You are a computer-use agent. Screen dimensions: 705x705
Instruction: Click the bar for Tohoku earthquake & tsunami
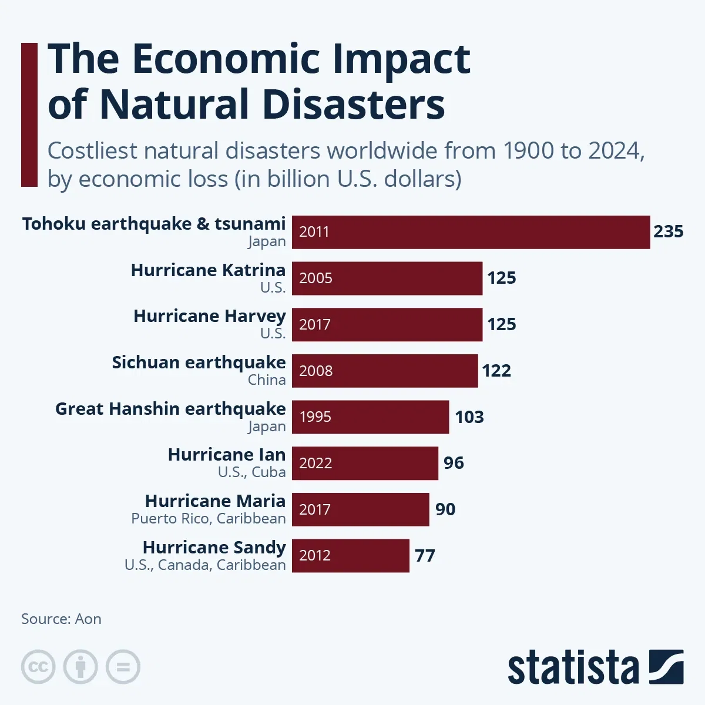pyautogui.click(x=471, y=232)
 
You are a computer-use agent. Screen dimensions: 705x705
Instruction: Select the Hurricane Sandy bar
pyautogui.click(x=350, y=556)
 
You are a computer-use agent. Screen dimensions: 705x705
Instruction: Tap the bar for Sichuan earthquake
pyautogui.click(x=385, y=371)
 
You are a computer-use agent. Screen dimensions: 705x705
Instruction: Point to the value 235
pyautogui.click(x=668, y=231)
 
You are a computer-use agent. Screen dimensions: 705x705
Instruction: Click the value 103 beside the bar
pyautogui.click(x=469, y=417)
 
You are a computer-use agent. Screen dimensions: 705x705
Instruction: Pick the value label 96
pyautogui.click(x=454, y=463)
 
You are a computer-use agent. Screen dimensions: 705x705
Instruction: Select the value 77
pyautogui.click(x=425, y=556)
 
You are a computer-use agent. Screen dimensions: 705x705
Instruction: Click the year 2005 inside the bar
pyautogui.click(x=315, y=278)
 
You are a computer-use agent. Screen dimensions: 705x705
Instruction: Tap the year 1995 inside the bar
pyautogui.click(x=315, y=417)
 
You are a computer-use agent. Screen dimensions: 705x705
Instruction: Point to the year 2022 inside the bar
pyautogui.click(x=315, y=463)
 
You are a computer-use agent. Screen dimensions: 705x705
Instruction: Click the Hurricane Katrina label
pyautogui.click(x=208, y=270)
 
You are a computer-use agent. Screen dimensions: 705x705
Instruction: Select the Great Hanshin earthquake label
pyautogui.click(x=170, y=409)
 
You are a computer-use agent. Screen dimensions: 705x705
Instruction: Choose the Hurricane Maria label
pyautogui.click(x=215, y=501)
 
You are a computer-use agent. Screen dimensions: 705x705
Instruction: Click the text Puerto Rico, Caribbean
pyautogui.click(x=208, y=519)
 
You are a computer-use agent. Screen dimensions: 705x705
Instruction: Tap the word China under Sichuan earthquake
pyautogui.click(x=267, y=380)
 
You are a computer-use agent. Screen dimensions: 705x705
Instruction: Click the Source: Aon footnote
pyautogui.click(x=61, y=619)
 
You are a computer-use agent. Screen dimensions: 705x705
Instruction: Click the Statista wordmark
pyautogui.click(x=573, y=667)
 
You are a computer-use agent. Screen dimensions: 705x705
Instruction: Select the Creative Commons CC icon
pyautogui.click(x=38, y=667)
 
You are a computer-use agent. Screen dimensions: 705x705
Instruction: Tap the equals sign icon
pyautogui.click(x=123, y=667)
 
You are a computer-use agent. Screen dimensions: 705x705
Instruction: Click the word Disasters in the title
pyautogui.click(x=353, y=105)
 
